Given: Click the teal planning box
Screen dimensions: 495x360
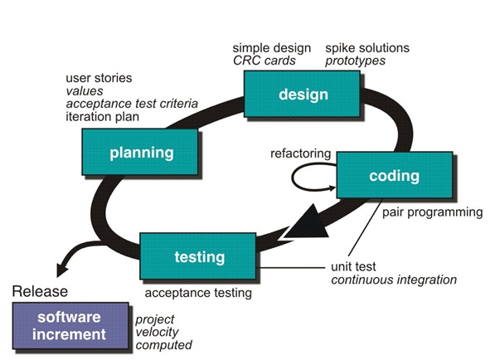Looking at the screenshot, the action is pos(140,152).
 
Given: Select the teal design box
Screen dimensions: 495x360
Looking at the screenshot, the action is pos(302,94).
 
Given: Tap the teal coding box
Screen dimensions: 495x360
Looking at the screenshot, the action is pos(395,175).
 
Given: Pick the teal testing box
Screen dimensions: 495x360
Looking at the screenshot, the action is pos(198,256).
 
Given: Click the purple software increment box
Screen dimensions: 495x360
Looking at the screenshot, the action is pos(70,326).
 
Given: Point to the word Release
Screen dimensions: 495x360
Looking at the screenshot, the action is pos(40,291).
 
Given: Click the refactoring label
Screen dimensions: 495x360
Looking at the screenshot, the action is pos(300,153).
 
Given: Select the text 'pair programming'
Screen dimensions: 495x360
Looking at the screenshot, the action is pos(433,212).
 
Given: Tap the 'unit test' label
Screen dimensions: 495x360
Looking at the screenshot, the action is pos(353,267).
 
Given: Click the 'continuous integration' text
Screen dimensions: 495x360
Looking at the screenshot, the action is pos(394,280).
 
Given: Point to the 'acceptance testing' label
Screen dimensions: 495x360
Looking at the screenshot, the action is pos(198,293).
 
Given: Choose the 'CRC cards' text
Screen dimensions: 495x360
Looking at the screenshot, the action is pos(264,61).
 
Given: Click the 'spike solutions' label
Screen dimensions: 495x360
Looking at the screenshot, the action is pos(367,48).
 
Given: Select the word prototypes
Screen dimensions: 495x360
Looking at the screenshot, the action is pos(355,61).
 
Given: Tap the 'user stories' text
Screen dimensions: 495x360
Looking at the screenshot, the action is pos(99,78).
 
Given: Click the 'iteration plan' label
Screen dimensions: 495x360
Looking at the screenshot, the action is pos(102,116).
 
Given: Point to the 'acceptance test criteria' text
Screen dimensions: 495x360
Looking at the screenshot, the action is pos(132,104).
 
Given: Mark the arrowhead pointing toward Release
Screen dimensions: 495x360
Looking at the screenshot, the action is pos(62,270).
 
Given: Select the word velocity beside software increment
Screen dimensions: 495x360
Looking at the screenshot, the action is pos(157,332).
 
